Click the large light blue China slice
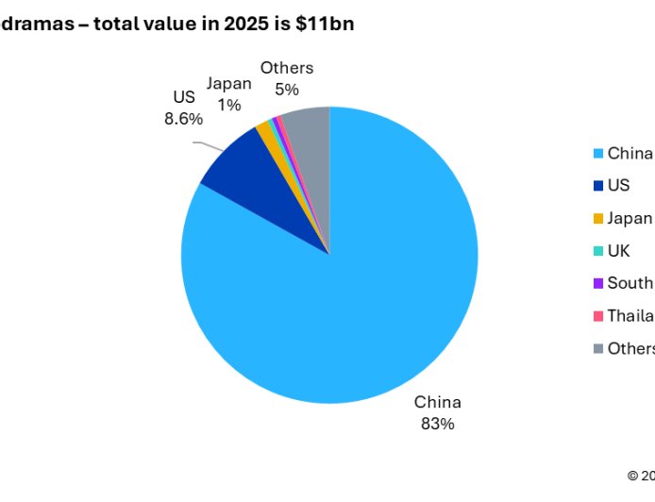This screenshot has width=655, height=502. pos(359,293)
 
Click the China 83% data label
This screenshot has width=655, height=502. pos(438,412)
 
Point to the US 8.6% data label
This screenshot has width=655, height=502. pos(183,109)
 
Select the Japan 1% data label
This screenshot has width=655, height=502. pos(229,94)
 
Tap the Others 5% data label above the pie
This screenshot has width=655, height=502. pos(287,78)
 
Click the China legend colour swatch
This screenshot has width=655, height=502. pos(597,154)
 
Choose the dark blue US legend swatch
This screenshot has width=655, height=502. pos(597,186)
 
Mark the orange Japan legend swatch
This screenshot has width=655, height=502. pos(597,218)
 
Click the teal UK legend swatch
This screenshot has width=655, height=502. pos(597,251)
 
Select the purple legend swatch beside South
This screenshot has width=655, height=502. pos(597,283)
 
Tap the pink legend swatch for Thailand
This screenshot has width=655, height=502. pos(597,316)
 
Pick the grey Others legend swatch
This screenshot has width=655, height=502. pos(597,348)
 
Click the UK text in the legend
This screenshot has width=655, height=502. pos(619,251)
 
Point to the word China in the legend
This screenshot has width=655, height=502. pos(630,154)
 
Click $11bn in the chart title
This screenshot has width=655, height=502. pos(327,25)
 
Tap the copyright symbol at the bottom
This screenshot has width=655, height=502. pos(633,474)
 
